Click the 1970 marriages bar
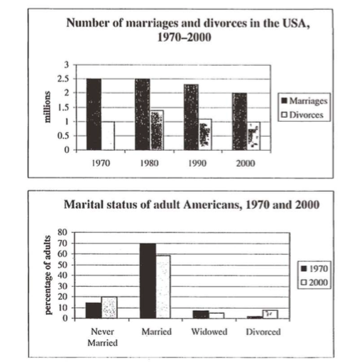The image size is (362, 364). tap(94, 114)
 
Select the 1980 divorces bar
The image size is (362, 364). tap(157, 130)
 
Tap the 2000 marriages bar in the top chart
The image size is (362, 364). tap(239, 122)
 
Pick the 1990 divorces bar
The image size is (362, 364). tap(205, 135)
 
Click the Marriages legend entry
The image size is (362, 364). tap(305, 101)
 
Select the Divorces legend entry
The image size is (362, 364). tap(302, 115)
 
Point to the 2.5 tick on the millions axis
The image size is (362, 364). tap(63, 79)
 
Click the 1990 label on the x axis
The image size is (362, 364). tap(197, 163)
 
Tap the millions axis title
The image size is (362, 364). tap(48, 107)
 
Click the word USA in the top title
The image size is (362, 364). tap(295, 23)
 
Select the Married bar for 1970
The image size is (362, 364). tap(148, 280)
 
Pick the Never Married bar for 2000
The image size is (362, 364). tap(109, 307)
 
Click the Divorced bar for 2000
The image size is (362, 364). tap(270, 314)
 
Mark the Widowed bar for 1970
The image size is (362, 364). tap(201, 314)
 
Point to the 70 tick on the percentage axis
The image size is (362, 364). tap(62, 243)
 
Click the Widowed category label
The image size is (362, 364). tap(209, 331)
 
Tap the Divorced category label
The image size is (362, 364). tap(263, 331)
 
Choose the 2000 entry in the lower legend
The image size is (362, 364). tap(314, 282)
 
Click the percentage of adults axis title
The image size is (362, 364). tap(48, 275)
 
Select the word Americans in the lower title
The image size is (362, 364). tap(213, 205)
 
